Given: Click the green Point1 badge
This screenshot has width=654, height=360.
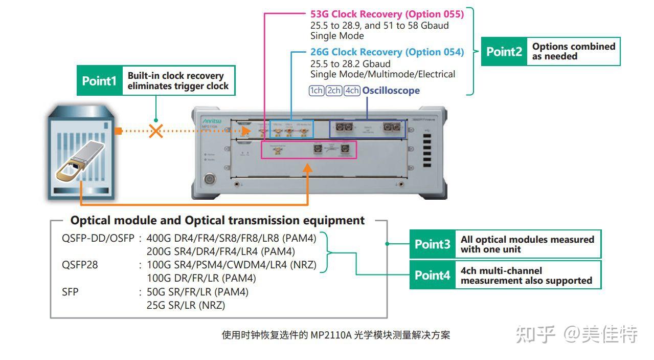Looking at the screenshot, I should [x=99, y=81].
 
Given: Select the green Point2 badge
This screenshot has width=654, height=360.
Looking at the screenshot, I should [x=504, y=51].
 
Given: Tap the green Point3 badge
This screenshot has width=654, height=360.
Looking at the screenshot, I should [x=432, y=244].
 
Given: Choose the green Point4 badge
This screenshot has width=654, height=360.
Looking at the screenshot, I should [x=432, y=275].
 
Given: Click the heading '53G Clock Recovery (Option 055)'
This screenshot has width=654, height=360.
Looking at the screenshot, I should [x=387, y=14].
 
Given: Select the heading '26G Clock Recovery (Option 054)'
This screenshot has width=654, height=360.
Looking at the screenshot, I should [x=387, y=52].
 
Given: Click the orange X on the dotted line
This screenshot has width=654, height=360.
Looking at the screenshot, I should [x=156, y=131].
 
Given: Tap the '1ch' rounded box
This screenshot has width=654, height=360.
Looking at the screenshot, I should [x=317, y=91].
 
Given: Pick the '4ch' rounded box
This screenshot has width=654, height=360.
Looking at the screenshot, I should [x=352, y=91].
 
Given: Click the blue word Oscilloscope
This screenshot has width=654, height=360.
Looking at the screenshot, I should [x=391, y=91].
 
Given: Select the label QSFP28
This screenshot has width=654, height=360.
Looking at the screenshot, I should [x=79, y=265].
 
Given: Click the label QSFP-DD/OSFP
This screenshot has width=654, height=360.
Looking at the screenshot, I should [x=98, y=239].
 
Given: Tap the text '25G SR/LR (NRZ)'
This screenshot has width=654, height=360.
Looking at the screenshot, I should [x=186, y=305].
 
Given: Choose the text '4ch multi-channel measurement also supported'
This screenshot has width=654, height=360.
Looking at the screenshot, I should [x=526, y=276].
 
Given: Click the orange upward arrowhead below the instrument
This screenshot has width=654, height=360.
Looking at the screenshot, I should [x=307, y=167].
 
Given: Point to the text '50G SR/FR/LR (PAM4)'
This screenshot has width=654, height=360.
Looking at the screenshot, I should [x=197, y=292].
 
